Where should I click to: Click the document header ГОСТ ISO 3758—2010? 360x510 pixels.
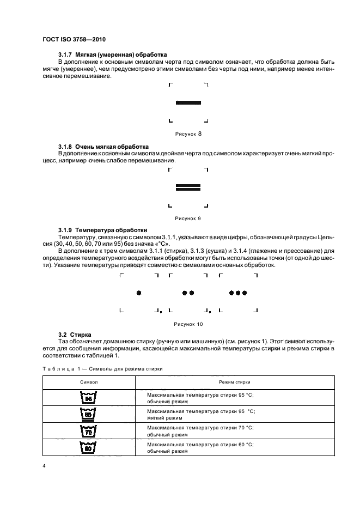point(74,40)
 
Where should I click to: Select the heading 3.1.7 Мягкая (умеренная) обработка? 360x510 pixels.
point(112,54)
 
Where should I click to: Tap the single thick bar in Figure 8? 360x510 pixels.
point(188,102)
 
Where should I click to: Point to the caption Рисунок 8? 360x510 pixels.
point(188,133)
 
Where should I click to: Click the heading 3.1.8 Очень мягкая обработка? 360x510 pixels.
point(103,147)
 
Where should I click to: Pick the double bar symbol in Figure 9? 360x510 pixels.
point(188,187)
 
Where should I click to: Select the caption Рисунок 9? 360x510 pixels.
point(188,218)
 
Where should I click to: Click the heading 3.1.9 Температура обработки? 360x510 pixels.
point(102,230)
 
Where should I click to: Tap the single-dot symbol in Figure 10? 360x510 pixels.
point(139,293)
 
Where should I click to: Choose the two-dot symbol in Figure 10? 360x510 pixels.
point(188,293)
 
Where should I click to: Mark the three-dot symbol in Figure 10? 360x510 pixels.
point(238,293)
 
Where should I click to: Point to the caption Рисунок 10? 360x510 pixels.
point(188,324)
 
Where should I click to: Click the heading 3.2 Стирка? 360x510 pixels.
point(74,334)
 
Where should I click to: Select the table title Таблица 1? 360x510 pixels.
point(103,369)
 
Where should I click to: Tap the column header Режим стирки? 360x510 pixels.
point(235,382)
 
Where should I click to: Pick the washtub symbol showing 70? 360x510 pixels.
point(87,432)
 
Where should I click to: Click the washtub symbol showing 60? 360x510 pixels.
point(87,448)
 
